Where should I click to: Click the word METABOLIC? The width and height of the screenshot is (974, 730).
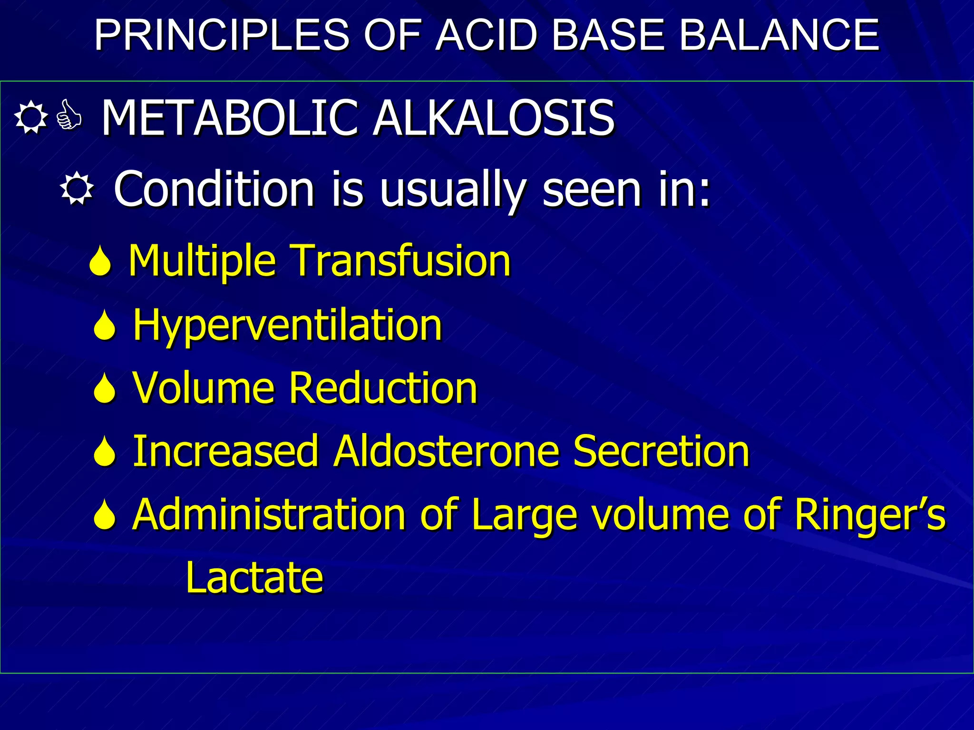[230, 118]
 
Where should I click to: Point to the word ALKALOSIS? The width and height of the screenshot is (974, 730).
[493, 118]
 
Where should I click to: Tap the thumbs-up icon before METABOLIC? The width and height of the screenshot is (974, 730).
[69, 116]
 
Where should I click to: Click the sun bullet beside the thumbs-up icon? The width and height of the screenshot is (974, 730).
[31, 117]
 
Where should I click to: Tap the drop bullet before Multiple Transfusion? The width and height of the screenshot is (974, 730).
[100, 261]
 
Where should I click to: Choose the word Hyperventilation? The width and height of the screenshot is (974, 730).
[287, 325]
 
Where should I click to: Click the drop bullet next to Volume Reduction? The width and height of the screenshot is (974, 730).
[105, 388]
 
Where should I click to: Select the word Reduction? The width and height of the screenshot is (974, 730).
[383, 388]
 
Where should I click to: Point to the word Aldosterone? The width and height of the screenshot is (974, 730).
[446, 451]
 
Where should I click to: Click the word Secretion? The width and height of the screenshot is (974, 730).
[661, 451]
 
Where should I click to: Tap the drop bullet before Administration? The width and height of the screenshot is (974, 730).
[105, 515]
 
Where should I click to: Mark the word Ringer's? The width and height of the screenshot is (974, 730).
[870, 515]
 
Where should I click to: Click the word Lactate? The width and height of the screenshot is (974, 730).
[254, 578]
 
